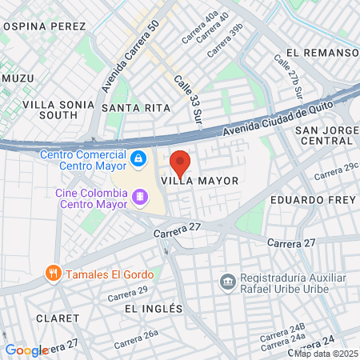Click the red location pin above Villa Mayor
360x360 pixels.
pyautogui.click(x=180, y=162)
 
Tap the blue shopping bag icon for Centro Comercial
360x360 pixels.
pyautogui.click(x=139, y=158)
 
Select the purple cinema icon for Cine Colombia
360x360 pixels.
pyautogui.click(x=140, y=196)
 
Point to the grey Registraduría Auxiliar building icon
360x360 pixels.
pyautogui.click(x=226, y=282)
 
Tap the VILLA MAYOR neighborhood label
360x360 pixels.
pyautogui.click(x=200, y=181)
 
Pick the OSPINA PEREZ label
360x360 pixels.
pyautogui.click(x=44, y=26)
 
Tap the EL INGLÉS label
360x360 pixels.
pyautogui.click(x=154, y=308)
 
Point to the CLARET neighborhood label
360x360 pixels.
pyautogui.click(x=58, y=318)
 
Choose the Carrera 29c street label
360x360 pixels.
pyautogui.click(x=336, y=170)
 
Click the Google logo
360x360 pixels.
pyautogui.click(x=26, y=350)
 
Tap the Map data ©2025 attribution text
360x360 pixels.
pyautogui.click(x=326, y=354)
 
